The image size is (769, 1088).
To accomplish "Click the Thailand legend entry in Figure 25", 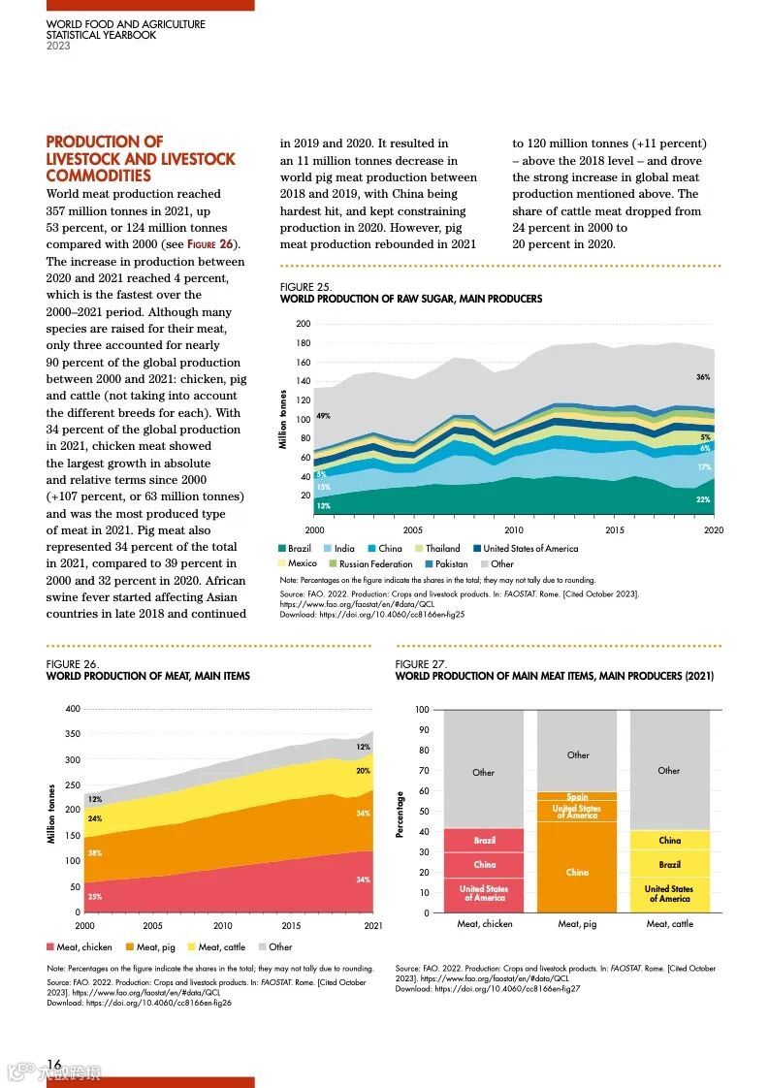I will [x=442, y=549].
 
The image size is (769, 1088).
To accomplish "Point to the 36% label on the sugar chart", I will [x=703, y=376].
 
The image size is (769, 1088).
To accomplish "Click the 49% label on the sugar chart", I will [x=323, y=416].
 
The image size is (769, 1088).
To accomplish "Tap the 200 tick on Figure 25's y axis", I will [x=304, y=324].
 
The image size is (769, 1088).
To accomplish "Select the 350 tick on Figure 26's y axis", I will [x=73, y=734].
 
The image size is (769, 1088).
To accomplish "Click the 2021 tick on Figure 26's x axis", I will [x=372, y=926].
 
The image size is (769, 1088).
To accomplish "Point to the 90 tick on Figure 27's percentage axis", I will [x=422, y=730].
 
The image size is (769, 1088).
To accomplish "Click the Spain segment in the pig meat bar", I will [x=577, y=797].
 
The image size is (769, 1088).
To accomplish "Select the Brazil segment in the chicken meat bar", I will [x=484, y=841].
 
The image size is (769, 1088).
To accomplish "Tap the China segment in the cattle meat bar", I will [x=669, y=841].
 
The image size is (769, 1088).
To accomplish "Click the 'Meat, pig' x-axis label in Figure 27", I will [x=577, y=924].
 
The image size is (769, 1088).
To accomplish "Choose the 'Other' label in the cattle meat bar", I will [x=669, y=771].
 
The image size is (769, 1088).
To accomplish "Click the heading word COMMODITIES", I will [x=98, y=176].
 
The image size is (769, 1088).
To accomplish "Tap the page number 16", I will [x=54, y=1065].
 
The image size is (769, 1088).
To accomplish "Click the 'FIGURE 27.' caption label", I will [x=420, y=664].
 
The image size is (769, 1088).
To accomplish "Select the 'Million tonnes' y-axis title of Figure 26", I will [x=51, y=814].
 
